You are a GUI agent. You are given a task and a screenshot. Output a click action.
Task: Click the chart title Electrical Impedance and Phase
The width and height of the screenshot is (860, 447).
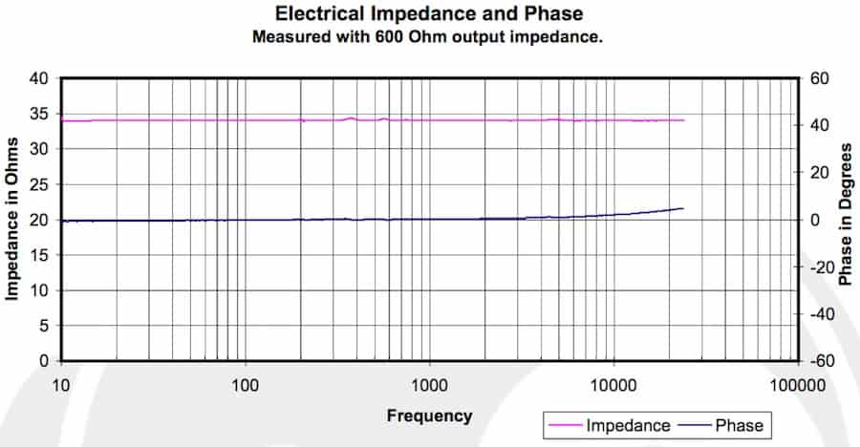[429, 14]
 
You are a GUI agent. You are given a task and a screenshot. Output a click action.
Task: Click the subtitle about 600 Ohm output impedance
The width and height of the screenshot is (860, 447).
[429, 37]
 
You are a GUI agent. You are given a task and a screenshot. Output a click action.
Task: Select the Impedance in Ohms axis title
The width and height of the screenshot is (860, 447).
[13, 220]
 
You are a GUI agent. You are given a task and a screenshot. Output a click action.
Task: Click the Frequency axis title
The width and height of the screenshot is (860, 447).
[429, 415]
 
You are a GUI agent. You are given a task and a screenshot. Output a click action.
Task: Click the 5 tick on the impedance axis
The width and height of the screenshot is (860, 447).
[44, 326]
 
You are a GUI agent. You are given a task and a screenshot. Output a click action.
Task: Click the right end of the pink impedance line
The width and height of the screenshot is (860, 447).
[684, 120]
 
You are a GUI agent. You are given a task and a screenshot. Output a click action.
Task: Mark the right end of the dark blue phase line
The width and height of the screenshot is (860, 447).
[684, 208]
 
